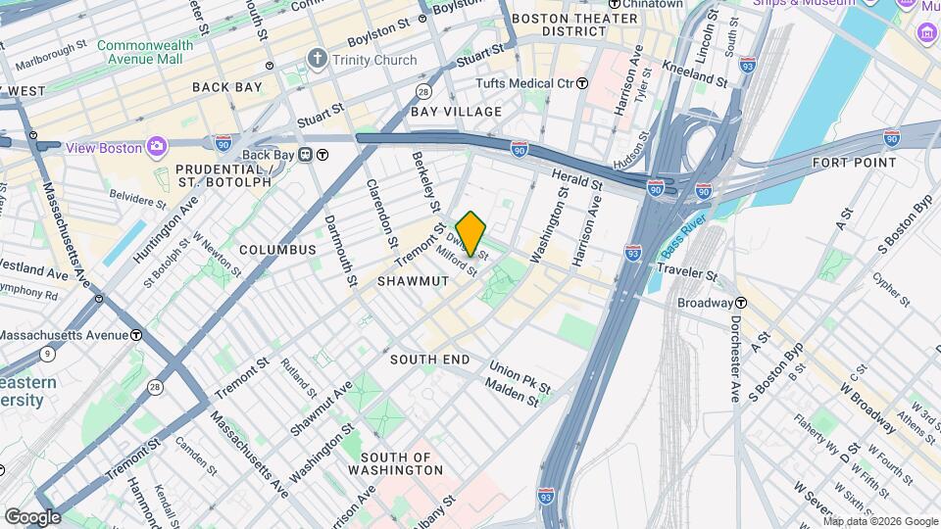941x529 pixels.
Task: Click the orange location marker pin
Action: (x=471, y=233)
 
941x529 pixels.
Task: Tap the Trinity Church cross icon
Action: (x=317, y=60)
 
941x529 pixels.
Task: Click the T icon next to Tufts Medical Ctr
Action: (x=582, y=83)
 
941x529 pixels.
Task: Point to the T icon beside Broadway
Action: (x=743, y=303)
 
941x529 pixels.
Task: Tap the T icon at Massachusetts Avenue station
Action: (x=135, y=335)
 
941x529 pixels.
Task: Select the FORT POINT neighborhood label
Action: (x=854, y=163)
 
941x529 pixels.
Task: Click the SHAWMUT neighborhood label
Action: (x=413, y=281)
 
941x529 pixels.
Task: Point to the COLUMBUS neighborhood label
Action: (x=277, y=250)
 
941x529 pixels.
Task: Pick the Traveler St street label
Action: (x=688, y=268)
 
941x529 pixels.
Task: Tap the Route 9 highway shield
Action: (x=46, y=354)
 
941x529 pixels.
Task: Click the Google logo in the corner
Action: (x=32, y=516)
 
